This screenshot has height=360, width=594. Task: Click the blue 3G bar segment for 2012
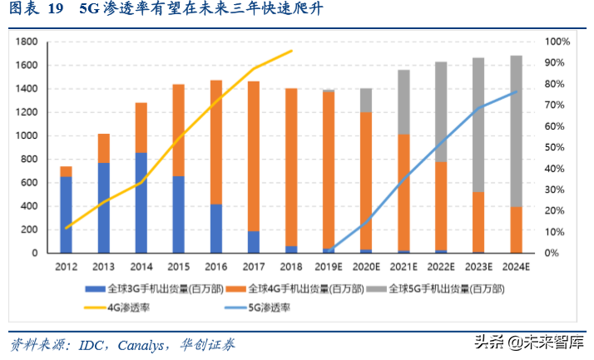pyautogui.click(x=66, y=214)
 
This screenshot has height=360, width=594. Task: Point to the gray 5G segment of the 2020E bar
pyautogui.click(x=365, y=100)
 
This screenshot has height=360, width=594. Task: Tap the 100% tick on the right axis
pyautogui.click(x=558, y=42)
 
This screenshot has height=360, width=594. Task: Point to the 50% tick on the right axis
pyautogui.click(x=556, y=147)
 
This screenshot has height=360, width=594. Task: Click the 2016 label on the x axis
pyautogui.click(x=215, y=268)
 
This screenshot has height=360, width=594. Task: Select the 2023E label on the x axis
pyautogui.click(x=478, y=268)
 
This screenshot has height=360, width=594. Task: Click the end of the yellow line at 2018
pyautogui.click(x=292, y=51)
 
